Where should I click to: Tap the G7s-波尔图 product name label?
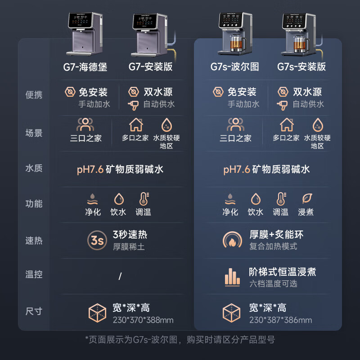[x=234, y=67]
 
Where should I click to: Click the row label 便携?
[x=34, y=95]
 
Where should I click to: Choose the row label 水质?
[x=34, y=169]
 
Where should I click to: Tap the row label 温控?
[x=34, y=274]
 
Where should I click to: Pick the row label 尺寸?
[x=34, y=311]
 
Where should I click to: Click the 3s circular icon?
[x=97, y=240]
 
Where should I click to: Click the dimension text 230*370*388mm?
[x=143, y=320]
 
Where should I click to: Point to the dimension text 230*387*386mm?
[x=280, y=320]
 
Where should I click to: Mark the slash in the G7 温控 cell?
[x=120, y=276]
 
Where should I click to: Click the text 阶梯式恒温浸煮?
[x=282, y=272]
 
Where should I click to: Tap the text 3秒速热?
[x=130, y=235]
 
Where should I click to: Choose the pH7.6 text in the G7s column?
[x=236, y=170]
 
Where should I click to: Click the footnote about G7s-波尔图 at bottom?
[x=180, y=339]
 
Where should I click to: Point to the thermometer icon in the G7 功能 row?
[x=144, y=199]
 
